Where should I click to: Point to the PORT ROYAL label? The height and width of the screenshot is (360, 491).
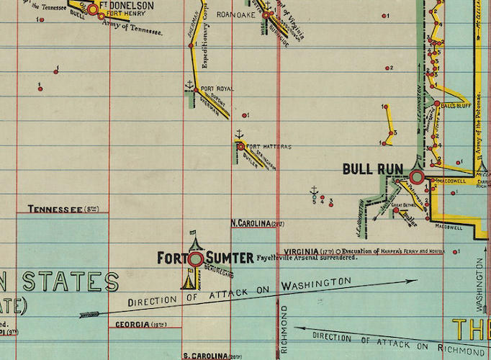217,89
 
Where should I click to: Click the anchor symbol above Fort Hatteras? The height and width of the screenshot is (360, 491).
239,134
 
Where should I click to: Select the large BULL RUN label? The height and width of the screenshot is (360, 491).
372,169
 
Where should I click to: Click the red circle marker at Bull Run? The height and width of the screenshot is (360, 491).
416,176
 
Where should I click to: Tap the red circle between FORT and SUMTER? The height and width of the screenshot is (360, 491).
194,258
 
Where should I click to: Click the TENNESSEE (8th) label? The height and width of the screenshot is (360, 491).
63,210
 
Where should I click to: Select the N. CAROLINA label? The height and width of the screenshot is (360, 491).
258,223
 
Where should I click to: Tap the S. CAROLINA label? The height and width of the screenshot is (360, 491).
212,356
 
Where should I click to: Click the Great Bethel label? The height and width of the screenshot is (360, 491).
405,207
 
